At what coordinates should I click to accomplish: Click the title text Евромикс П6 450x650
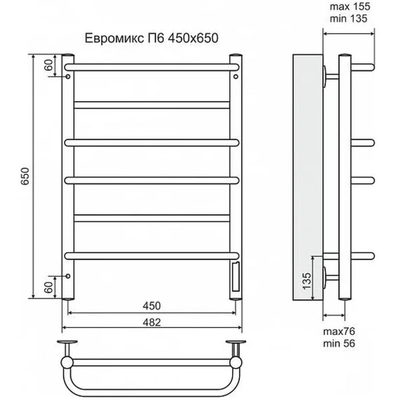pyautogui.click(x=151, y=38)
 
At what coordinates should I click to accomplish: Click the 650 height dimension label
pyautogui.click(x=25, y=176)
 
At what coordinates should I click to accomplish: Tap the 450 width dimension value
pyautogui.click(x=152, y=306)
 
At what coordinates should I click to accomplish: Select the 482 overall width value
pyautogui.click(x=152, y=322)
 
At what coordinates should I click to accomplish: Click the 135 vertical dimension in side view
pyautogui.click(x=307, y=281)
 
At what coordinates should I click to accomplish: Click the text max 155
pyautogui.click(x=350, y=7)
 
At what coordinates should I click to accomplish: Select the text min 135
pyautogui.click(x=349, y=19)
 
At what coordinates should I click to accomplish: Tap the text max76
pyautogui.click(x=339, y=331)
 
